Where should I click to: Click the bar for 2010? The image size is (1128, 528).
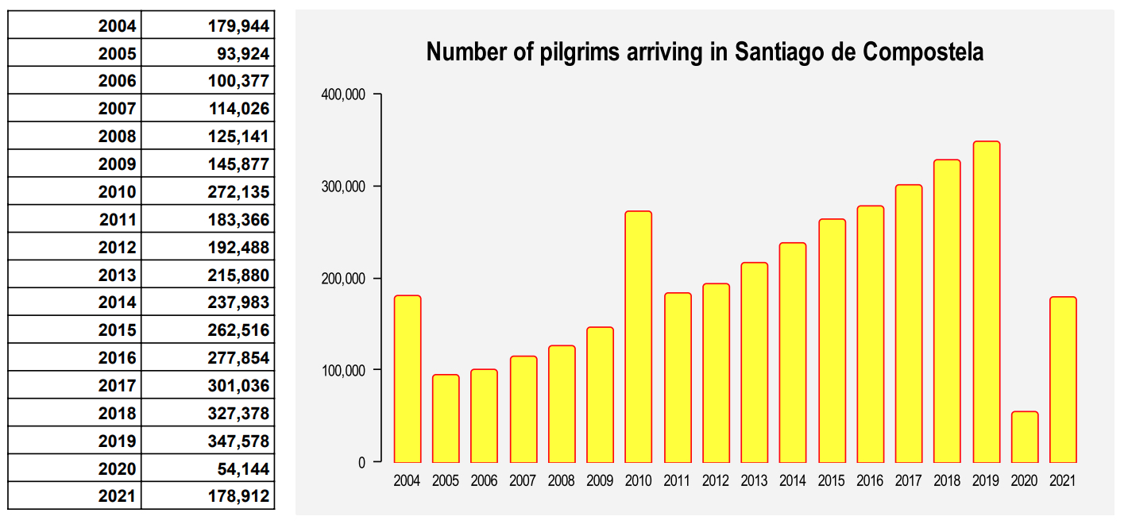[638, 337]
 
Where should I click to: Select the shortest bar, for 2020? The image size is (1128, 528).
[1024, 437]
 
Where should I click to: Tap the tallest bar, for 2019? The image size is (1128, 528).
[986, 302]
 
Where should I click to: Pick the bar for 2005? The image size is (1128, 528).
[446, 418]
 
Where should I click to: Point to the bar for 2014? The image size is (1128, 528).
[793, 353]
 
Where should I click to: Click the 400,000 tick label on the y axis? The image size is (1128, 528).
[343, 94]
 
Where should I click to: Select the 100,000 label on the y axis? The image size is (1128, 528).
[343, 370]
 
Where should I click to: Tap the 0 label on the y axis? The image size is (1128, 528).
[361, 462]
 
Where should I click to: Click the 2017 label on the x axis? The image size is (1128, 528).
[908, 480]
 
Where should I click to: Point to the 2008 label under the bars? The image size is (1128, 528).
[561, 480]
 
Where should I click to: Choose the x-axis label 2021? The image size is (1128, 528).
[1063, 480]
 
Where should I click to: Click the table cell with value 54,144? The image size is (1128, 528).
[242, 468]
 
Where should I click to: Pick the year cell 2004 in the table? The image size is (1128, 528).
[117, 26]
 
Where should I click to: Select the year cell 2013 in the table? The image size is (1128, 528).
[117, 276]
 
